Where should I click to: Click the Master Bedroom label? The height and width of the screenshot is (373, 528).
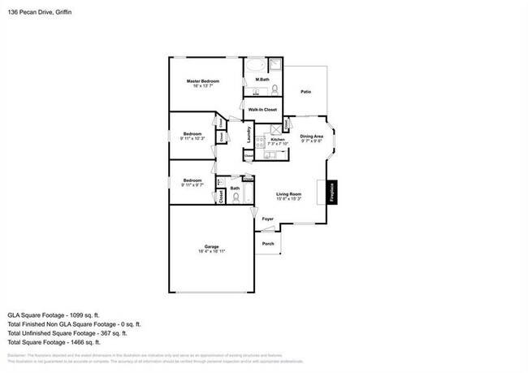click(x=204, y=81)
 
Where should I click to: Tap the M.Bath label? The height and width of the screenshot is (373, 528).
click(x=262, y=79)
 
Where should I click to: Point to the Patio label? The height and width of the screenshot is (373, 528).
click(x=305, y=92)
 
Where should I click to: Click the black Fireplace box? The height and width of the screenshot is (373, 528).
click(x=331, y=192)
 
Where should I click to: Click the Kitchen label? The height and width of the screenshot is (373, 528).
click(x=277, y=140)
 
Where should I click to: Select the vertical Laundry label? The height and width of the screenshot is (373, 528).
click(x=249, y=135)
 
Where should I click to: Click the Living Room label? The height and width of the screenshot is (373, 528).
click(x=288, y=193)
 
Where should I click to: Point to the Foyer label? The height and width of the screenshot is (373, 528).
click(x=267, y=219)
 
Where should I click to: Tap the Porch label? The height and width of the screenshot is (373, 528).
click(x=267, y=243)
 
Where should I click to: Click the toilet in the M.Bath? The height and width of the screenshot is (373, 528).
click(x=275, y=89)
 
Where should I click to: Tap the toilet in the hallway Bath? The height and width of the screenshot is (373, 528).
click(x=236, y=197)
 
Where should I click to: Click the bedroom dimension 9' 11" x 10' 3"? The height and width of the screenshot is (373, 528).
click(x=192, y=138)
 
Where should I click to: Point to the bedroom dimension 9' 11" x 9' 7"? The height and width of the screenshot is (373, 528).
click(x=192, y=185)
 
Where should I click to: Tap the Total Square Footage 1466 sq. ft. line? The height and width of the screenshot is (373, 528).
click(x=54, y=342)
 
